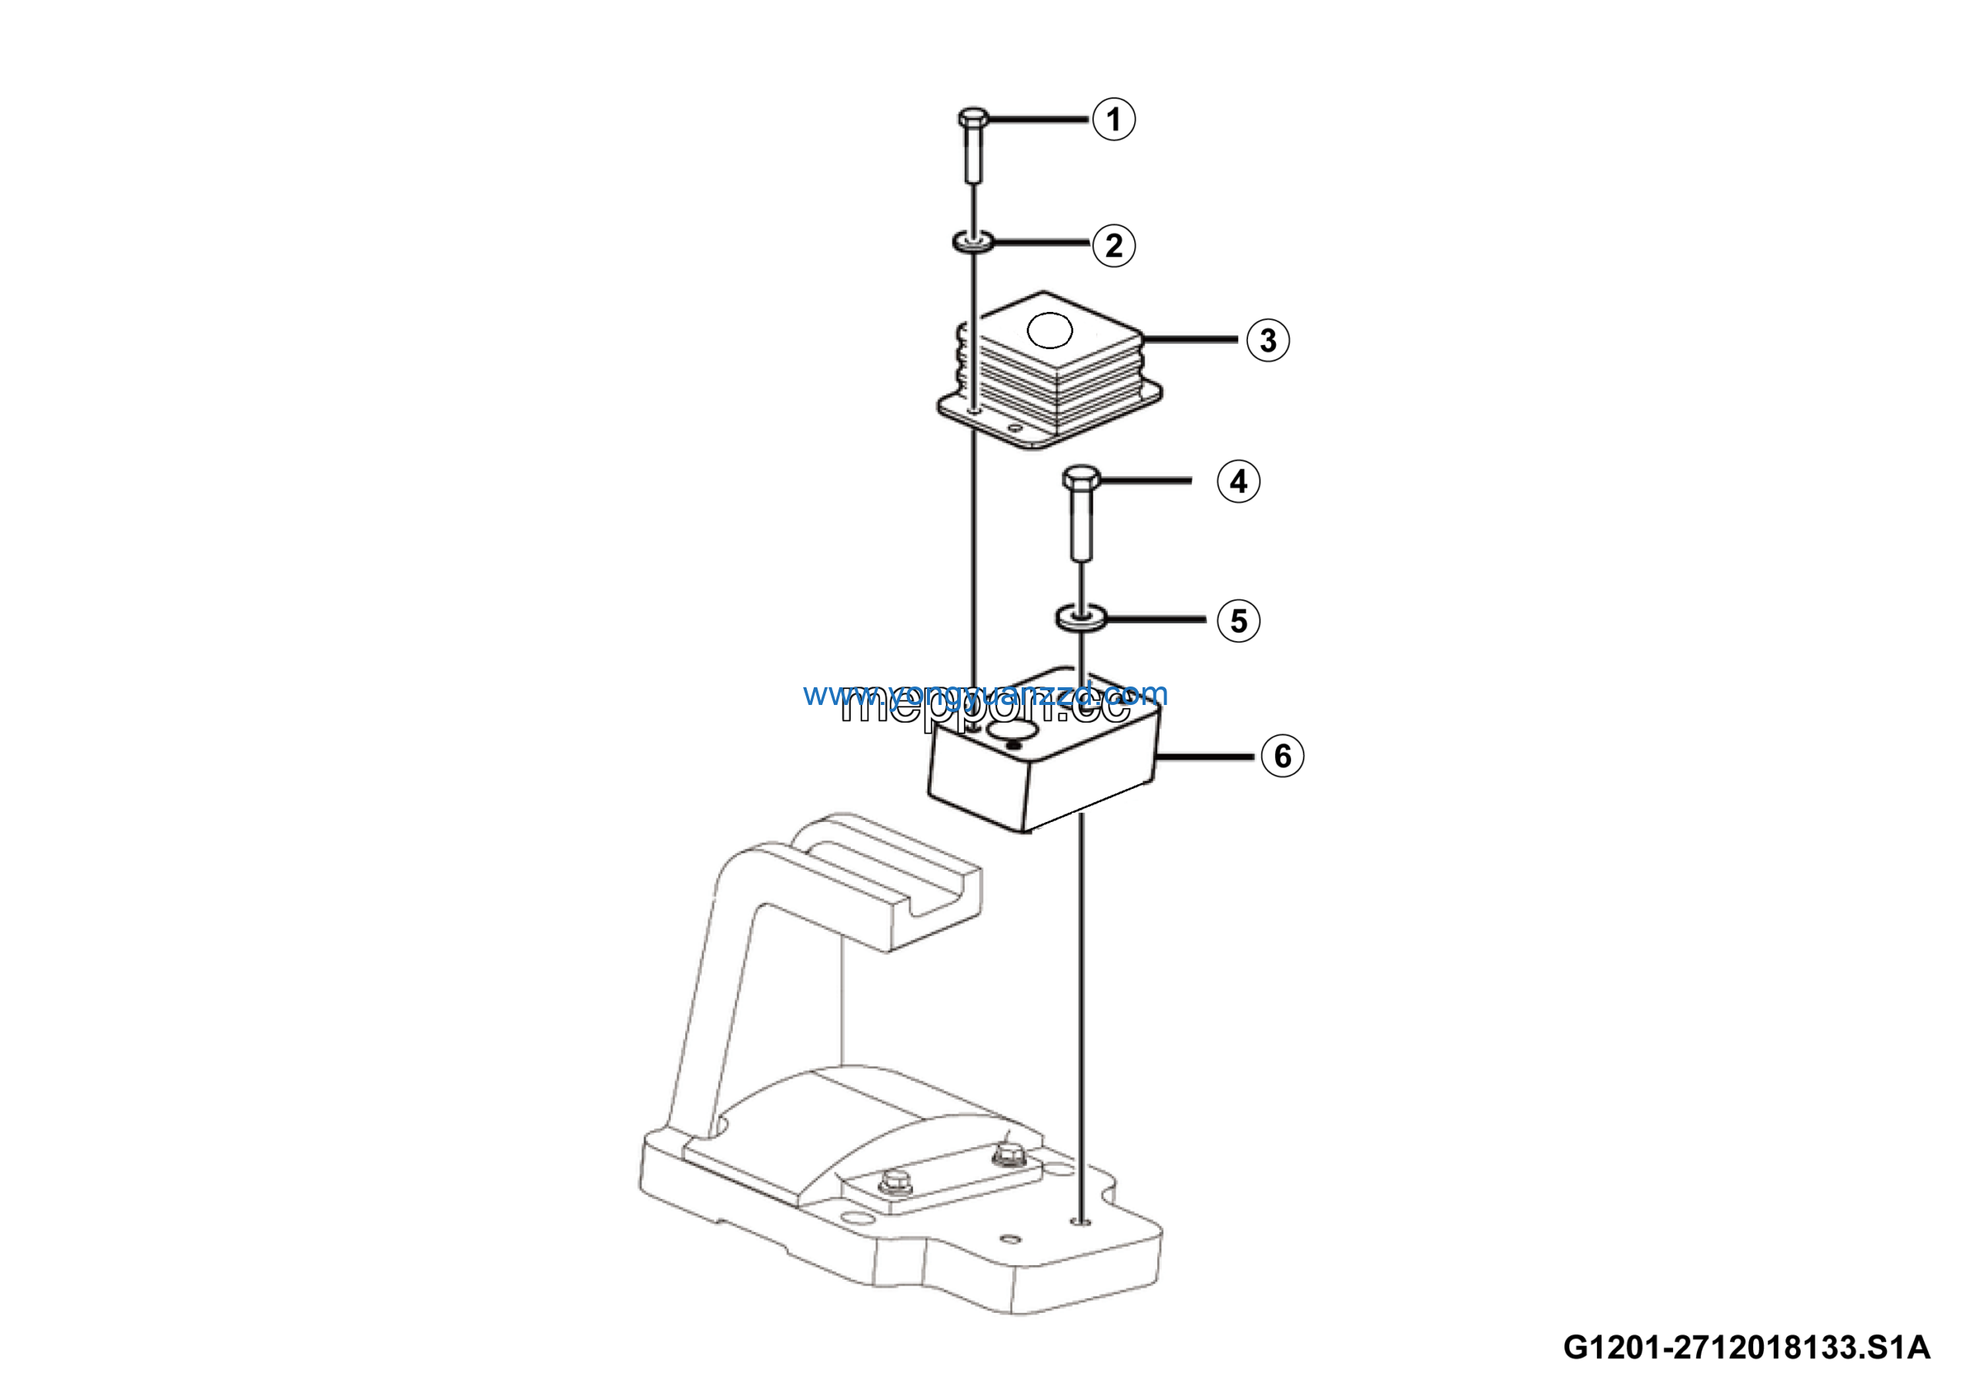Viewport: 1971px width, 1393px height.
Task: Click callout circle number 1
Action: [1113, 119]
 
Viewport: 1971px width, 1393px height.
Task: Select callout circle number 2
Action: [1113, 246]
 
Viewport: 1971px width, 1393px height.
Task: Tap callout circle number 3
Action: [1268, 340]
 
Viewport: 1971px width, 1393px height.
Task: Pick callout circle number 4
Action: [1238, 481]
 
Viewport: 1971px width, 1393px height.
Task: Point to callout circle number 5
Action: [1238, 620]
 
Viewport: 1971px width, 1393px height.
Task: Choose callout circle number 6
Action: [1282, 756]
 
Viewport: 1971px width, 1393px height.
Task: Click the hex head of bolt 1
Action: [973, 118]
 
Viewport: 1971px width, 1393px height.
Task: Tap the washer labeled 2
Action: [972, 242]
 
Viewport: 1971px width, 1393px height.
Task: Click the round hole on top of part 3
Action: [1049, 331]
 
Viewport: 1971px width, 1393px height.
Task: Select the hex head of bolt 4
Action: [1081, 478]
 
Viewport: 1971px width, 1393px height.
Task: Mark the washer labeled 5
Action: [1080, 616]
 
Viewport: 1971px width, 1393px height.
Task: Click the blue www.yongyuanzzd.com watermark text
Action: [985, 693]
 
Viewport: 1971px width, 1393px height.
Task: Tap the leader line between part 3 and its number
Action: [1189, 340]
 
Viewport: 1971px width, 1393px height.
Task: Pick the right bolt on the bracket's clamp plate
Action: [1006, 1155]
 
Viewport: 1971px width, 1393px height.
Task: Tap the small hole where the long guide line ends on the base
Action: [1083, 1221]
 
